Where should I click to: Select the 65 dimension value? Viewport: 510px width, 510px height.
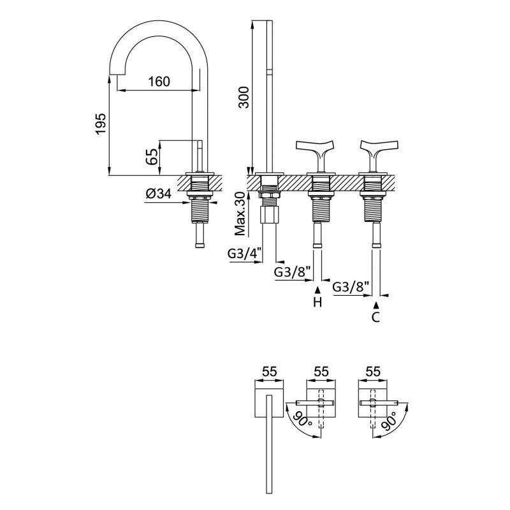click(x=152, y=157)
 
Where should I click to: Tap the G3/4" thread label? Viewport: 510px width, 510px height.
click(x=242, y=254)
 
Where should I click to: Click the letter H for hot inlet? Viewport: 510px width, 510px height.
click(x=317, y=303)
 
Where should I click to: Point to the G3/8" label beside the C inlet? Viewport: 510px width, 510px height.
click(x=351, y=287)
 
